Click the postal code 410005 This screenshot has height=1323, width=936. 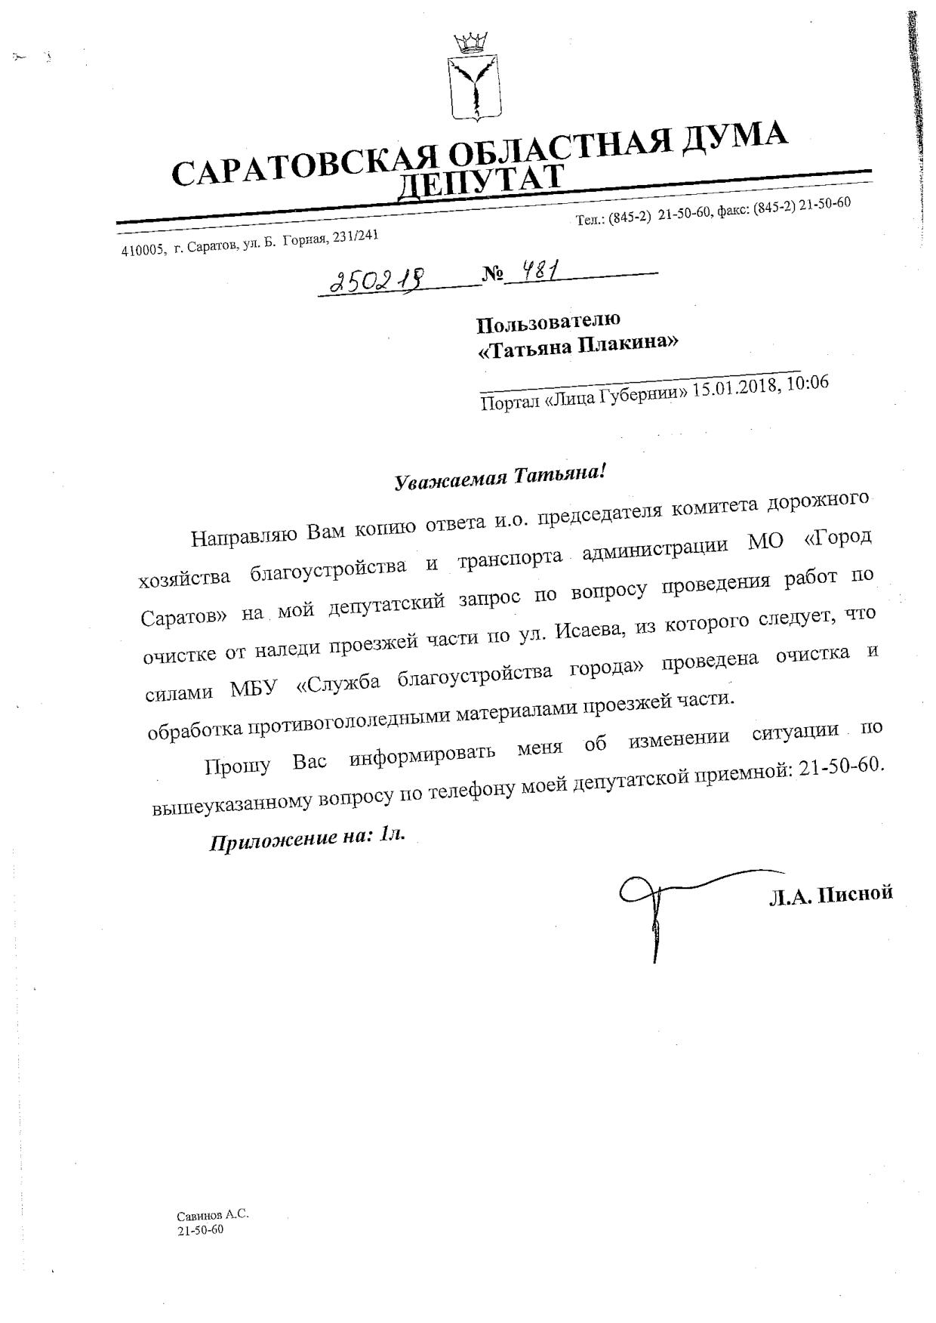coord(143,251)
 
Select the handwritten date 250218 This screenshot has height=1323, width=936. coord(378,282)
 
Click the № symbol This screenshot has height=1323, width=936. coord(492,275)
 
